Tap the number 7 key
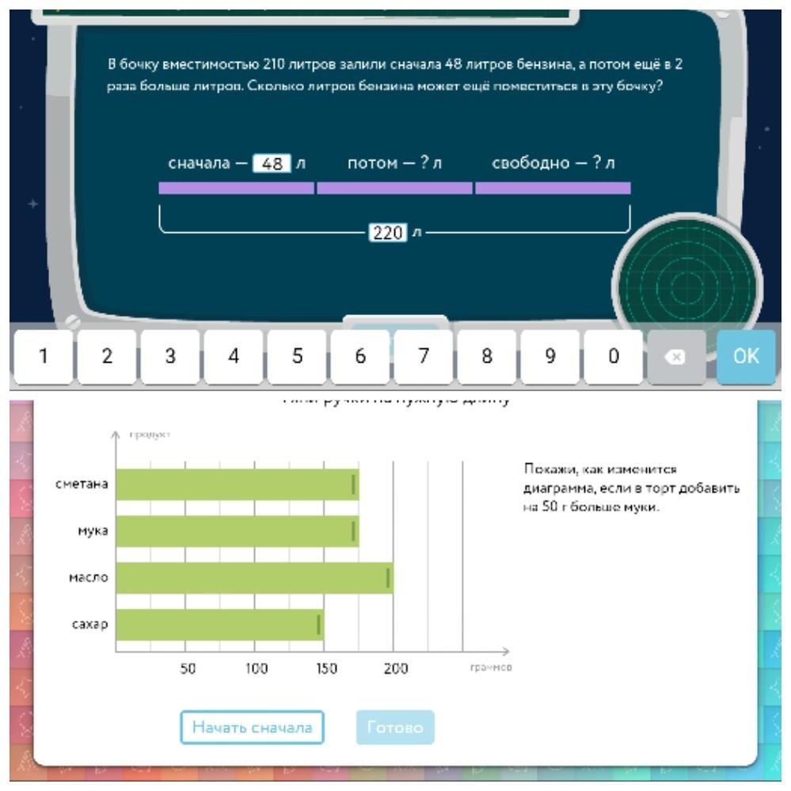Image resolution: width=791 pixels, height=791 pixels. (424, 356)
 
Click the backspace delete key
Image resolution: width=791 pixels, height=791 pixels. (675, 356)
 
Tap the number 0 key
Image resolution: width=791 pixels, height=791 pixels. (613, 356)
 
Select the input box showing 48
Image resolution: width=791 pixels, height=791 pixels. (272, 164)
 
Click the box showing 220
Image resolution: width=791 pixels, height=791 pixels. (388, 233)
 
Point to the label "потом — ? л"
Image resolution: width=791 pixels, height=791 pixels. (394, 163)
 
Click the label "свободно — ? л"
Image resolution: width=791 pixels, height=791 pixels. (553, 163)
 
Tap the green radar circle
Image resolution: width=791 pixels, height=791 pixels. (686, 285)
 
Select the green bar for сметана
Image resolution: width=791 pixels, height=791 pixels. (237, 485)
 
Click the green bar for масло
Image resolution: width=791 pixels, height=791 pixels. (254, 578)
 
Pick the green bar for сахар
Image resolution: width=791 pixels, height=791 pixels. (219, 625)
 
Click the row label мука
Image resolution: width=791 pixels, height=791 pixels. (93, 531)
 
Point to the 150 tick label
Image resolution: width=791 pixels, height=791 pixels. (326, 668)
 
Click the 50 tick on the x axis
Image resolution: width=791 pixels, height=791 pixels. (188, 668)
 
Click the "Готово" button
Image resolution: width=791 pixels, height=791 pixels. (395, 727)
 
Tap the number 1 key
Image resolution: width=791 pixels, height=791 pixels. (44, 356)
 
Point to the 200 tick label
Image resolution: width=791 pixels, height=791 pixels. (395, 668)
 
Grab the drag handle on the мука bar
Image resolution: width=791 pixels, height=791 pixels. (353, 531)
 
